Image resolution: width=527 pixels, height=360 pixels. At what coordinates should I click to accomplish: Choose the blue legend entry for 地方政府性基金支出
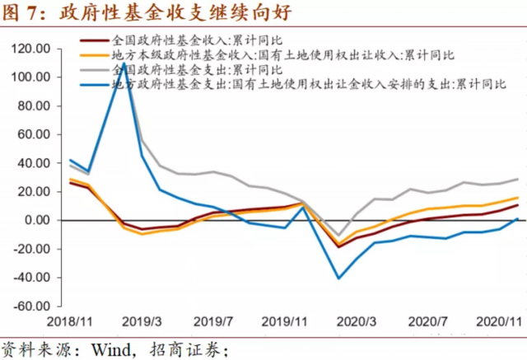coord(305,83)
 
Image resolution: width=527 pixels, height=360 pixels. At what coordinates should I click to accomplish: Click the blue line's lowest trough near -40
coord(338,278)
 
